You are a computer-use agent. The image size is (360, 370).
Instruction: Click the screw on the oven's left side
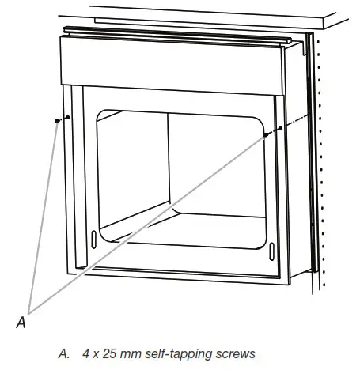[58, 121]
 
